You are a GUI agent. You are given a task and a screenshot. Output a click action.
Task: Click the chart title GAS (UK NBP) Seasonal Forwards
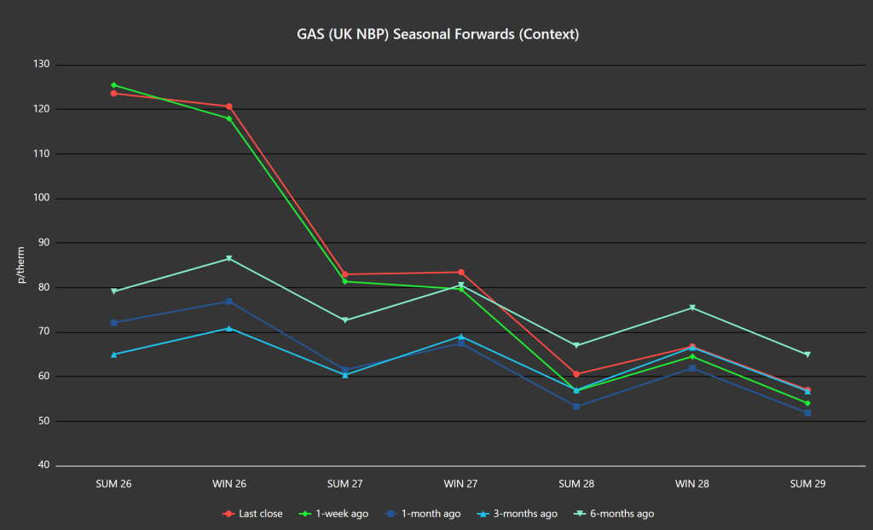(x=437, y=35)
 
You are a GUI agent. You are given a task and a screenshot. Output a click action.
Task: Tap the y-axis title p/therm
(x=21, y=265)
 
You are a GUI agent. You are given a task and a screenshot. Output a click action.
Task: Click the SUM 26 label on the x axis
(x=113, y=484)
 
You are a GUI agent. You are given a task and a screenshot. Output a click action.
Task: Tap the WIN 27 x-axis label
(x=460, y=484)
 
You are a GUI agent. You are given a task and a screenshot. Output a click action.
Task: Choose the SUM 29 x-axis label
(x=807, y=484)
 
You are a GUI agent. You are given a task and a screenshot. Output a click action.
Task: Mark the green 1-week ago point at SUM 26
(x=113, y=85)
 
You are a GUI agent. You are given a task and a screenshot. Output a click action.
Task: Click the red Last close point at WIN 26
(x=229, y=107)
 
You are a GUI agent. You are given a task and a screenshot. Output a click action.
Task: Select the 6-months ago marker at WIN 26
(x=229, y=259)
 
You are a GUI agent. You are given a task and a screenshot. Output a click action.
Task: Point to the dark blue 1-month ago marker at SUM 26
(x=113, y=323)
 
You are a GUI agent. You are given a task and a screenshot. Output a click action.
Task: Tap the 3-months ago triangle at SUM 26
(x=113, y=354)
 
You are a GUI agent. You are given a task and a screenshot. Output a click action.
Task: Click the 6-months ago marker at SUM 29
(x=807, y=354)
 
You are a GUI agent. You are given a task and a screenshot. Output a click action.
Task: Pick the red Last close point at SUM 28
(x=576, y=374)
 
